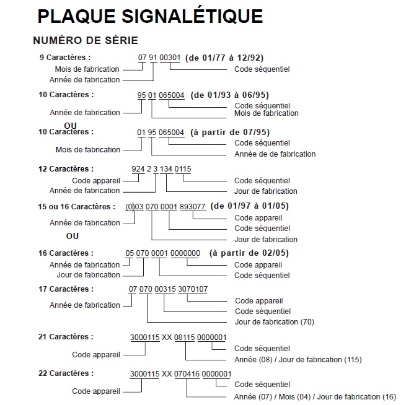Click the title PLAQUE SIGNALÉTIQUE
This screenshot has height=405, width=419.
click(150, 15)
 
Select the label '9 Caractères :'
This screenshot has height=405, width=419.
click(65, 57)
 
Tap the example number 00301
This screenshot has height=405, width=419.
click(170, 58)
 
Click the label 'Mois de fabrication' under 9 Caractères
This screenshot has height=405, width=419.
click(87, 69)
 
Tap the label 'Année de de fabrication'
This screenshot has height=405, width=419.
click(275, 154)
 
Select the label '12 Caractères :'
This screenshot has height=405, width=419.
click(67, 168)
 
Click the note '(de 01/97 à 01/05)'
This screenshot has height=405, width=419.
click(250, 206)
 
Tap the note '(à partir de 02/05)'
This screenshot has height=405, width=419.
click(249, 253)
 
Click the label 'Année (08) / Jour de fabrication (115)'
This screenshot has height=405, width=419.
click(298, 360)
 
